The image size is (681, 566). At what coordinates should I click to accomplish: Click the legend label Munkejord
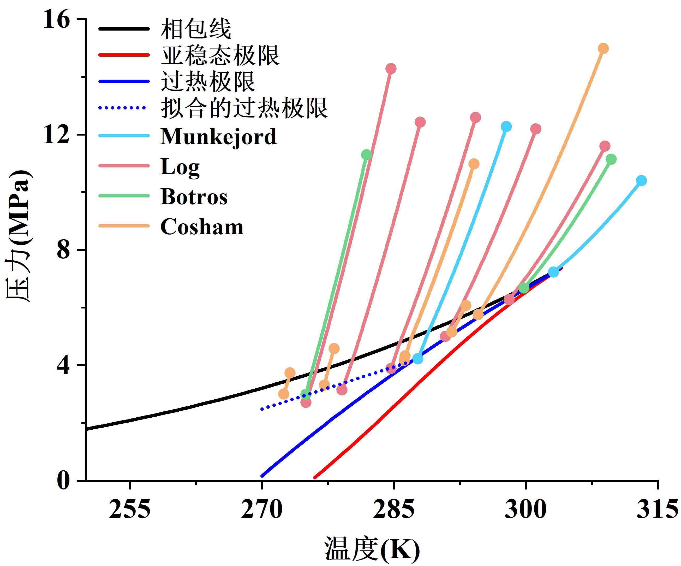(x=218, y=137)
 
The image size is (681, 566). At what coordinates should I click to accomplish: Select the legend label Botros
(x=194, y=197)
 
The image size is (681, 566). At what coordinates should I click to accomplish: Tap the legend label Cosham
(x=202, y=227)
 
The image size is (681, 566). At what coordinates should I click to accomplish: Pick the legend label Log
(x=180, y=167)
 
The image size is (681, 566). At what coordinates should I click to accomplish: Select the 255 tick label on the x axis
(x=129, y=510)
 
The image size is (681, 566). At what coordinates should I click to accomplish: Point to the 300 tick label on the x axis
(x=525, y=510)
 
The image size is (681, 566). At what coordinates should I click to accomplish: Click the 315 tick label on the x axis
(x=657, y=510)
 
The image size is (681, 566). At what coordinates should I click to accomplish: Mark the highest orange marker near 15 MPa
(x=603, y=49)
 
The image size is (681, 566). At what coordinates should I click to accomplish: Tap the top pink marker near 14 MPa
(x=391, y=68)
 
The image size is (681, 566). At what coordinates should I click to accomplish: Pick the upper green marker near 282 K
(x=366, y=155)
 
